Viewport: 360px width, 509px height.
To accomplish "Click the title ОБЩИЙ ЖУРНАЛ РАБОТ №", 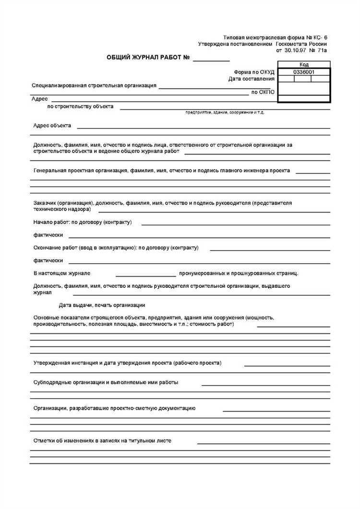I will point(149,58).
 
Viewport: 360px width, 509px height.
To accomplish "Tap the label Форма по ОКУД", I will point(254,72).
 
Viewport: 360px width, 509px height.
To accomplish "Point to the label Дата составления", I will point(251,79).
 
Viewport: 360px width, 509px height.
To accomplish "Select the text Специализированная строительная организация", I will point(94,85).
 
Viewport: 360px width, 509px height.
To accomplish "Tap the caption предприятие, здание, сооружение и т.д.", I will point(225,112).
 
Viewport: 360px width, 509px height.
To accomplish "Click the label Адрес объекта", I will point(52,126).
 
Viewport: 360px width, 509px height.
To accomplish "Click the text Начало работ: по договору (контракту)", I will point(83,222).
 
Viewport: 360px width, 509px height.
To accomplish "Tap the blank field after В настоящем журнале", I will point(145,274).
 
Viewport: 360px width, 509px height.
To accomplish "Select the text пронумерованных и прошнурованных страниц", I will point(239,273).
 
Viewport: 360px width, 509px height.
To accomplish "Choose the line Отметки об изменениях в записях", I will point(102,440).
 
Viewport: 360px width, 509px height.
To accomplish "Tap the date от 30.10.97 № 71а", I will point(301,50).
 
